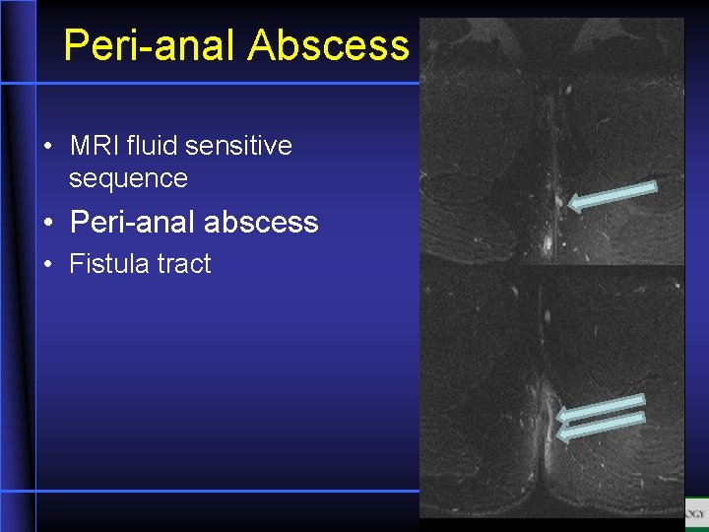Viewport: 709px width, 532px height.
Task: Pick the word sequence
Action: coord(128,178)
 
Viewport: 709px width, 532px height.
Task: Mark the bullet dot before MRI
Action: coord(47,148)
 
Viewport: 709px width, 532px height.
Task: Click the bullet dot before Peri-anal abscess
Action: coord(47,224)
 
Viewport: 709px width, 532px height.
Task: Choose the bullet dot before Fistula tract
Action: coord(47,265)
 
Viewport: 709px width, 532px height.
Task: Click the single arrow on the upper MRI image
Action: coord(612,195)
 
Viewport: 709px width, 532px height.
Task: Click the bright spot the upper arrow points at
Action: coord(558,202)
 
